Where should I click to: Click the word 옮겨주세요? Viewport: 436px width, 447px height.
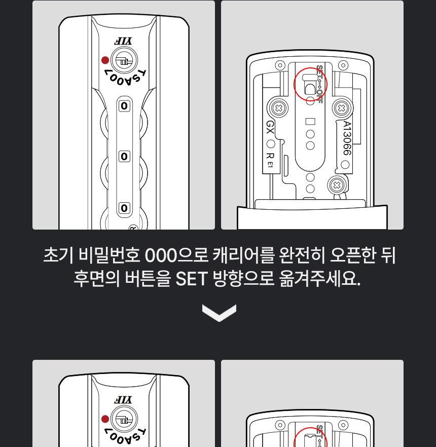coord(319,279)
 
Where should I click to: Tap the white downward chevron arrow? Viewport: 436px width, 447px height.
coord(219,312)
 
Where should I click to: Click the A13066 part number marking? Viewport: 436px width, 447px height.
coord(346,138)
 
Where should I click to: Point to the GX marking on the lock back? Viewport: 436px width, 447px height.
coord(270,127)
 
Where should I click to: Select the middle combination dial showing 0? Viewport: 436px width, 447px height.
coord(124,157)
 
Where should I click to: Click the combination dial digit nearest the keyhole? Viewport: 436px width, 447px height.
coord(124,106)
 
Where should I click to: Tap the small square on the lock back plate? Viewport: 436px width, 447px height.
coord(310,122)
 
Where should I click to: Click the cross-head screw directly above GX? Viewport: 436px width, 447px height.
coord(277,107)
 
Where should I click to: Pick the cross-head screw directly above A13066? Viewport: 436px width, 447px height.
coord(342,107)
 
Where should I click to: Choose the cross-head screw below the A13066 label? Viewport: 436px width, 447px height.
coord(336,185)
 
